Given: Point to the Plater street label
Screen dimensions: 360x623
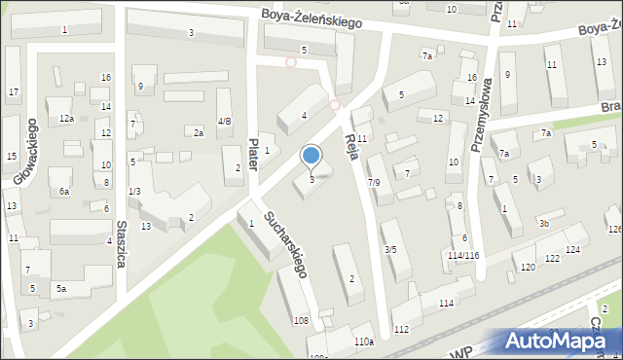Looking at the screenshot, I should coord(254,154).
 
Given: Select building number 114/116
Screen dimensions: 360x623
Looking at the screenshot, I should coord(463,255).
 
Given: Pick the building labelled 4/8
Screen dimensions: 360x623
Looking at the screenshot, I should coord(225,122).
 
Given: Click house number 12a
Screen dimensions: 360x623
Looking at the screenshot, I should coord(66,119).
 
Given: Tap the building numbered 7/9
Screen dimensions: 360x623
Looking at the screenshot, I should coord(374,182).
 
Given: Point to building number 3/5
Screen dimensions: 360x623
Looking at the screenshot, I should coord(390,250).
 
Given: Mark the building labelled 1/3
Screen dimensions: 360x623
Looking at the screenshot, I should coord(134,192).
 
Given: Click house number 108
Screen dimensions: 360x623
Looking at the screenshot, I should coord(302,320).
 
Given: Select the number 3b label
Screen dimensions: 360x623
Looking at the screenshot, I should coord(545,224).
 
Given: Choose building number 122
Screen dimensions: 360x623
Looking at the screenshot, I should coord(552,258).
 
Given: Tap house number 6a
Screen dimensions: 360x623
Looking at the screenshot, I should coord(63,192).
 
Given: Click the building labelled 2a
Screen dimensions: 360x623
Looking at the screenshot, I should coord(199,132).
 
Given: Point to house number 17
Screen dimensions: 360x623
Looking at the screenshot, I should coord(13,92).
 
